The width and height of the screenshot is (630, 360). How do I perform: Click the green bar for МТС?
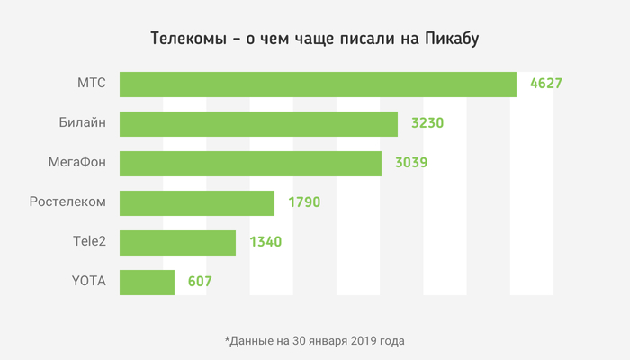(x=318, y=84)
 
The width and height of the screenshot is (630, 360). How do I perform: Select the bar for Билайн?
(x=258, y=124)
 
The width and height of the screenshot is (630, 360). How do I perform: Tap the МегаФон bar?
(x=250, y=164)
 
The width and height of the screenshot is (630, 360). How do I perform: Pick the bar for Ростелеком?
(x=196, y=202)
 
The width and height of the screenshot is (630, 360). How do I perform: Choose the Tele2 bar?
(x=177, y=242)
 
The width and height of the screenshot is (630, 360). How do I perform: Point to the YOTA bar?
(x=147, y=282)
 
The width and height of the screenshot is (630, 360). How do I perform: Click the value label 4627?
(x=546, y=84)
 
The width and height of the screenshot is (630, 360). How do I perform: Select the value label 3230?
(x=427, y=124)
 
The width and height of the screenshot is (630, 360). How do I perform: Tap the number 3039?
(x=410, y=164)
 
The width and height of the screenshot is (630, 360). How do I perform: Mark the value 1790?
(x=304, y=202)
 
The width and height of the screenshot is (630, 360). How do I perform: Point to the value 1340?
(x=265, y=242)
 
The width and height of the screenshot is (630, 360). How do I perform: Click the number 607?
(x=200, y=282)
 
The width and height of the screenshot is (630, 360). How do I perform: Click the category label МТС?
(x=92, y=84)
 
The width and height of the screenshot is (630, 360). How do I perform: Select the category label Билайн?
(x=82, y=123)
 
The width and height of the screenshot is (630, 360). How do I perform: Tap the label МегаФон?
(x=76, y=163)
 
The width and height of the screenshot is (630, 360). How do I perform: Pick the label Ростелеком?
(x=67, y=202)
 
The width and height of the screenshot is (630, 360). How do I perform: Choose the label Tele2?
(x=88, y=242)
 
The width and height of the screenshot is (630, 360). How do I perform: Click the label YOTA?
(x=88, y=282)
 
